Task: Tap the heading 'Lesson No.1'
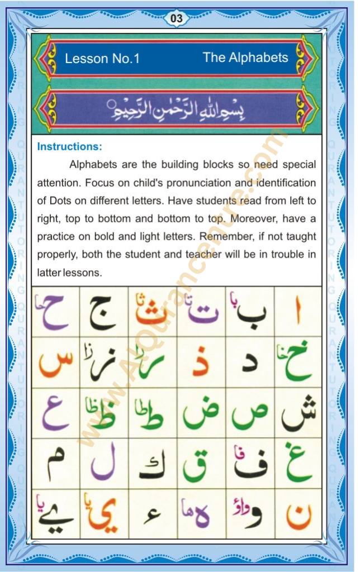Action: pyautogui.click(x=102, y=59)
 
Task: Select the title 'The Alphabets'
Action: pyautogui.click(x=245, y=58)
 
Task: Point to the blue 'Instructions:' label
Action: pyautogui.click(x=69, y=147)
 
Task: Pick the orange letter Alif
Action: pyautogui.click(x=297, y=313)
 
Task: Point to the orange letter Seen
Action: pyautogui.click(x=55, y=363)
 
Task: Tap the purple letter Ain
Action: pyautogui.click(x=55, y=413)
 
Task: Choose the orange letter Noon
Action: pyautogui.click(x=298, y=515)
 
